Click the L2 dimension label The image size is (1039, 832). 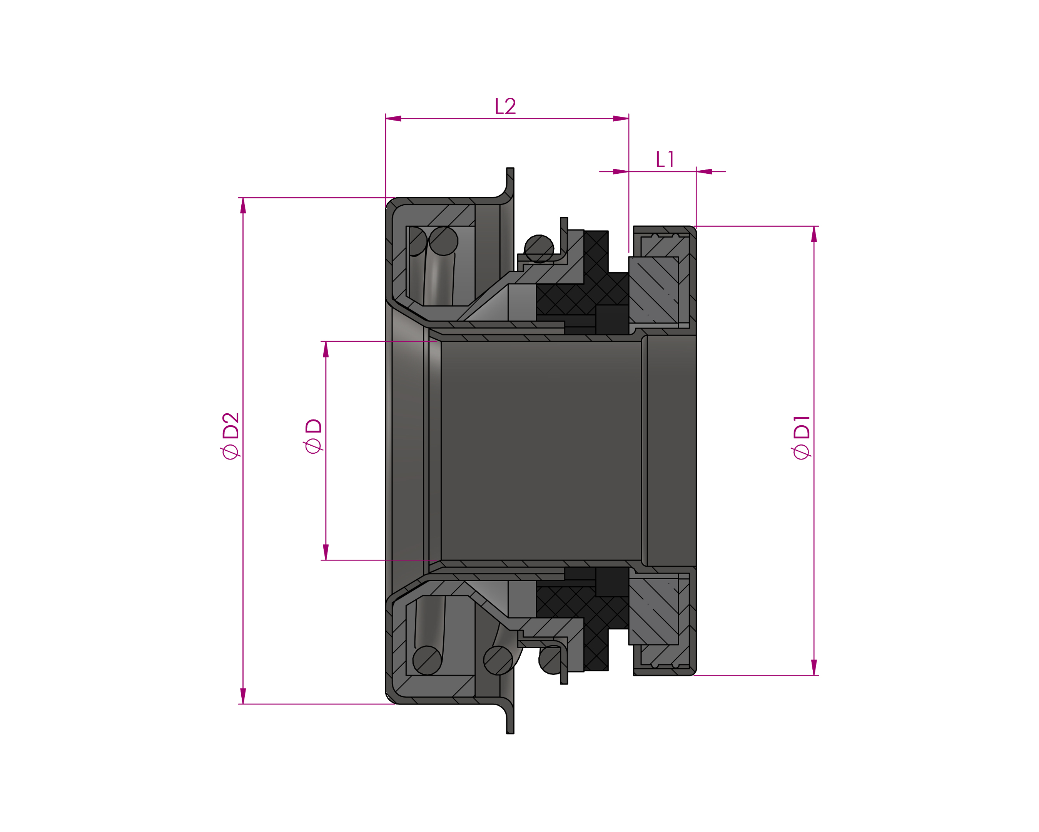506,106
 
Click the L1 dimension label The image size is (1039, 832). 665,159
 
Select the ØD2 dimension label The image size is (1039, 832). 231,436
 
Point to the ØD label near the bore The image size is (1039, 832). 313,436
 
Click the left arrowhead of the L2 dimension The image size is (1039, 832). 393,119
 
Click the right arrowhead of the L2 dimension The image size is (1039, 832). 621,119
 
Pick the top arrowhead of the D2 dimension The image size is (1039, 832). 243,205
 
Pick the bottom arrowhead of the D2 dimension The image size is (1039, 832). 243,696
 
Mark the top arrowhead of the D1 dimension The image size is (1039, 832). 814,234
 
